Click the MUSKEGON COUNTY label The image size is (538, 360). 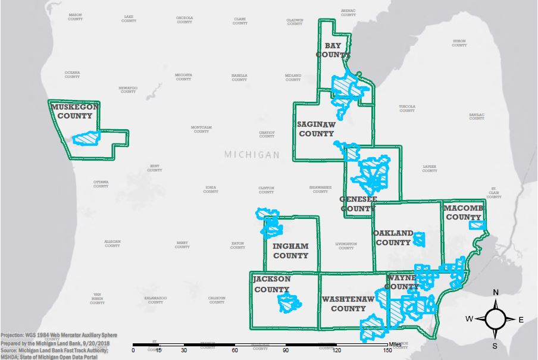[74, 111]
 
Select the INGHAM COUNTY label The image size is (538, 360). [290, 251]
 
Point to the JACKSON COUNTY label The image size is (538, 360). [272, 284]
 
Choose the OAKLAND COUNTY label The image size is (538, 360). [393, 237]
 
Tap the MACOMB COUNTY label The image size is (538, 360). [463, 212]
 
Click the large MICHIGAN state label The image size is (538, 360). [252, 155]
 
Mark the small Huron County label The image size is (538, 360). [459, 43]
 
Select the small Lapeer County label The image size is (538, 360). [430, 168]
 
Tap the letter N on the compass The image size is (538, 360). [495, 292]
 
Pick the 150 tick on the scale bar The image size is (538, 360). [388, 350]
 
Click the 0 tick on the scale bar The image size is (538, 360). [133, 350]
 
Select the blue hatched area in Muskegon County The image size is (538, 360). [87, 137]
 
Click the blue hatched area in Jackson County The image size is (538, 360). [289, 303]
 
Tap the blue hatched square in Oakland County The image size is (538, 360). [420, 240]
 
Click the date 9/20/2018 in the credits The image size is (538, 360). [100, 343]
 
